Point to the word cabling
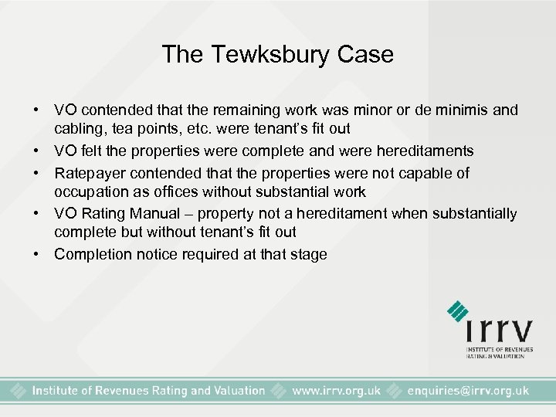pyautogui.click(x=77, y=130)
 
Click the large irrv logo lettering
pyautogui.click(x=499, y=330)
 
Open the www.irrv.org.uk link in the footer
pyautogui.click(x=335, y=391)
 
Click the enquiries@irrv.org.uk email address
pyautogui.click(x=468, y=391)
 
